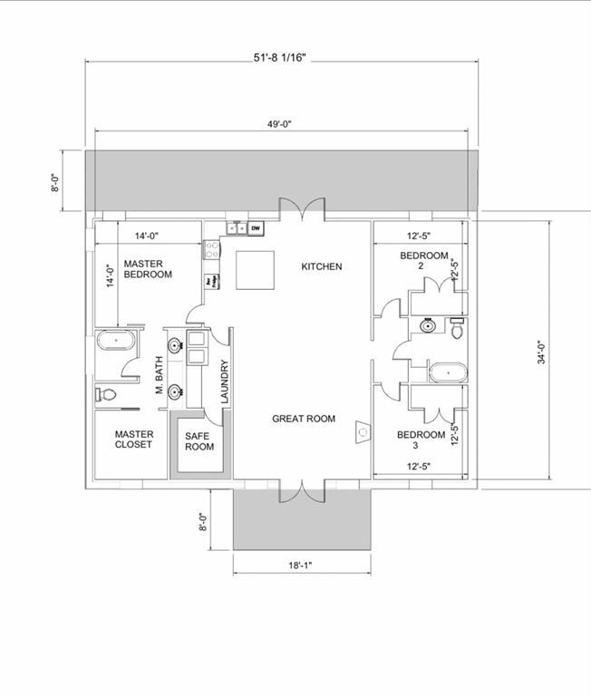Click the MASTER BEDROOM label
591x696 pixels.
pos(148,269)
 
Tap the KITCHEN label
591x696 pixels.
pos(322,266)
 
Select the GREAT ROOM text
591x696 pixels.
pos(304,419)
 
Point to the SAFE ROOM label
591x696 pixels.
pos(199,441)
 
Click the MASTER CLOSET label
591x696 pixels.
pos(134,440)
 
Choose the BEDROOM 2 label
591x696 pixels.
pos(424,261)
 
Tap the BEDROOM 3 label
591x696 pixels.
pos(421,440)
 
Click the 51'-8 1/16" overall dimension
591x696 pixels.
pos(280,56)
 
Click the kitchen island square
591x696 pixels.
pos(256,270)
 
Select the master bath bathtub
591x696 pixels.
pos(115,343)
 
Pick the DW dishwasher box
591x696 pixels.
pos(256,227)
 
